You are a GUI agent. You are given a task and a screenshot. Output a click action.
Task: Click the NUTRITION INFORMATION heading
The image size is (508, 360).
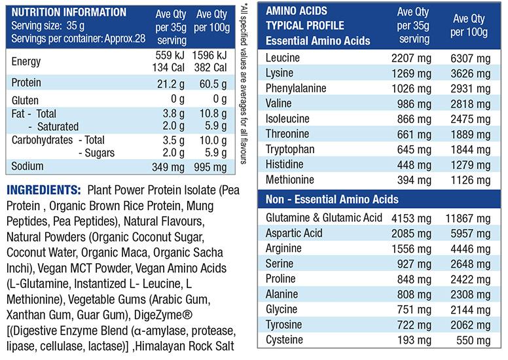[x=69, y=12]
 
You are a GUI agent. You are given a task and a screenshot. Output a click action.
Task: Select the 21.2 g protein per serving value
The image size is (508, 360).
[x=171, y=83]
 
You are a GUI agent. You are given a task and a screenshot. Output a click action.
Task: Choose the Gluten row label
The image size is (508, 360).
[x=26, y=101]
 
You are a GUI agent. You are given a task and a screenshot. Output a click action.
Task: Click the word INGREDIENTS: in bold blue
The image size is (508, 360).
[x=42, y=190]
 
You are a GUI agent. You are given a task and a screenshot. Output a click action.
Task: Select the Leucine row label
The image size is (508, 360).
[x=282, y=58]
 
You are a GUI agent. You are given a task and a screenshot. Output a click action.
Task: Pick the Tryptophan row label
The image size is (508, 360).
[x=290, y=149]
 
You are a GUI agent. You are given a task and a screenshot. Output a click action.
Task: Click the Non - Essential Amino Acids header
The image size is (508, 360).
[x=332, y=199]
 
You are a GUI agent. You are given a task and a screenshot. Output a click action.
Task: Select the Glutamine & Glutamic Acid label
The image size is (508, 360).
[x=323, y=218]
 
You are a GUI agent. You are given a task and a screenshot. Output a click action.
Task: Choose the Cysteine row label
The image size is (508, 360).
[x=285, y=340]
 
